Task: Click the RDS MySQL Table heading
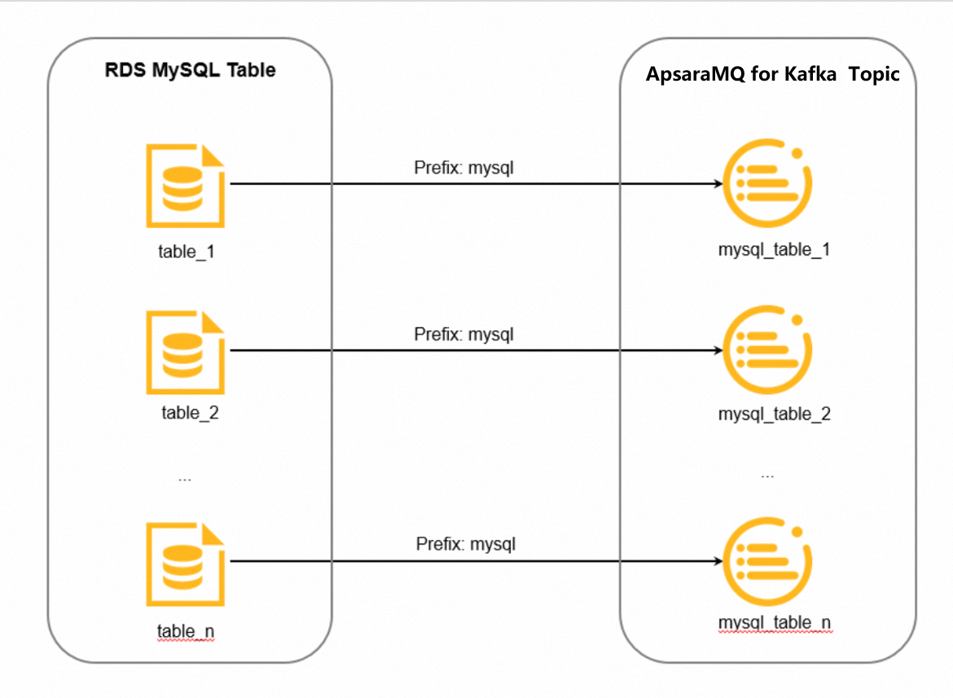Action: point(190,70)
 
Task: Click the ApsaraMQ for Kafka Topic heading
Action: point(772,74)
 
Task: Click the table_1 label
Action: point(186,251)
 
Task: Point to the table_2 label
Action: point(190,412)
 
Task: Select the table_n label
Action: point(186,631)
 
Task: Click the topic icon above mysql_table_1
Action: point(768,183)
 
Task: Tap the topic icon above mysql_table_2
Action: point(768,350)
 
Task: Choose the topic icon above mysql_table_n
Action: point(768,560)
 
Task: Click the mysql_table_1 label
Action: point(774,249)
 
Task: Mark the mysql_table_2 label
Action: point(774,414)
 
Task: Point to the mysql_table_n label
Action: point(774,623)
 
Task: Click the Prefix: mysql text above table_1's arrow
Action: point(464,169)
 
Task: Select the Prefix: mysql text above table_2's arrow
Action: point(464,334)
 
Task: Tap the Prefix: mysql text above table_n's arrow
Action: point(466,543)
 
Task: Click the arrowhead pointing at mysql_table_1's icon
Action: point(718,184)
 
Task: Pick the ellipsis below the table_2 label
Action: point(185,479)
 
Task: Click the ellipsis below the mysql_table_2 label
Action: point(767,475)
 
